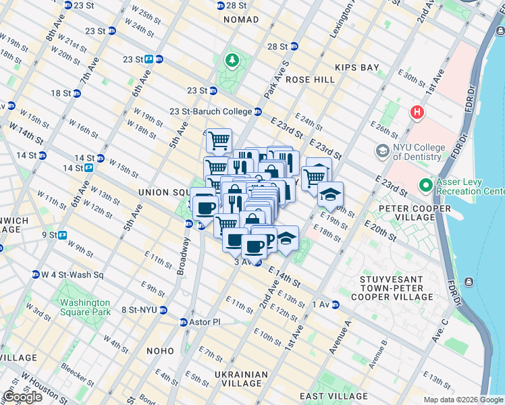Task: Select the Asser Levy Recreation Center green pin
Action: click(425, 184)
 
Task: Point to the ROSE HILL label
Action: click(310, 79)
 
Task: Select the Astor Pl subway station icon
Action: click(184, 322)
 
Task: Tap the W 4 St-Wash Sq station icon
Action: click(35, 275)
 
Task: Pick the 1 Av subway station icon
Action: click(335, 304)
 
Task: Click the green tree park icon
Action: click(232, 61)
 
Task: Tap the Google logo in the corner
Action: click(22, 397)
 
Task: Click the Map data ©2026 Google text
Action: click(462, 400)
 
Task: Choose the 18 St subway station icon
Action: click(76, 93)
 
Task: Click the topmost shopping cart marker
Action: click(219, 140)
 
